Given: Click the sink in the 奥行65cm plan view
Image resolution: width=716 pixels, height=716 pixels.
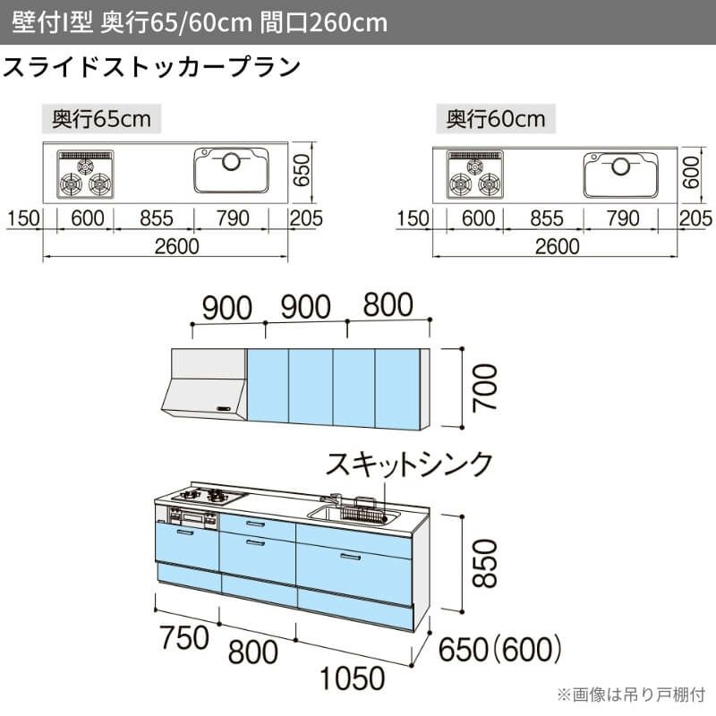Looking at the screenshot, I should [230, 170].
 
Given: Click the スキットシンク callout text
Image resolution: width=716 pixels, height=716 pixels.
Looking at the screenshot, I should [410, 464].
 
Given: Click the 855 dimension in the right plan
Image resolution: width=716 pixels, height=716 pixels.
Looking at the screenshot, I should [547, 218].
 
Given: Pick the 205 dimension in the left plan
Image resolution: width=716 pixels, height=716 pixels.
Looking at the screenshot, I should [306, 218].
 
